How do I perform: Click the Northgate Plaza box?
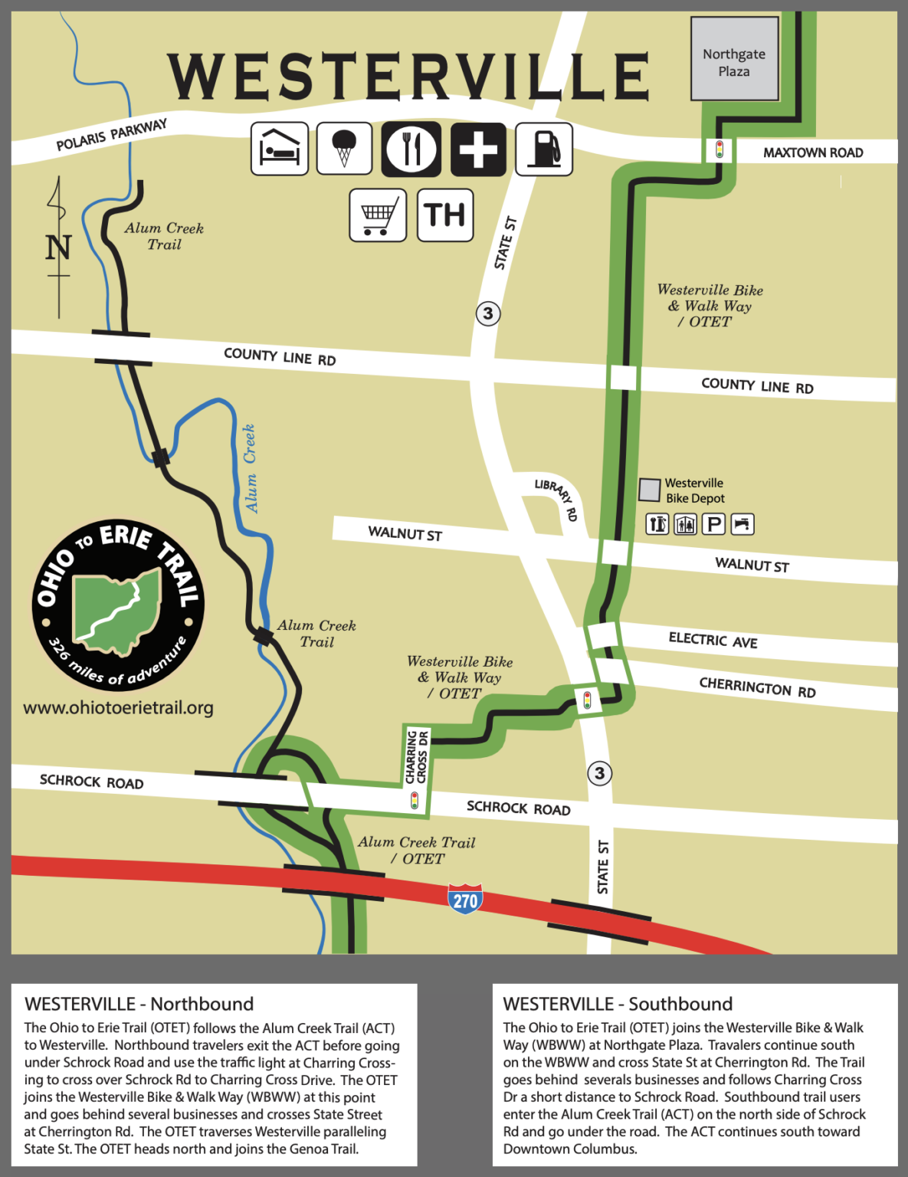tap(734, 60)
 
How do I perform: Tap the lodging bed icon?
tap(280, 148)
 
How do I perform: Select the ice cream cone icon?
tap(345, 148)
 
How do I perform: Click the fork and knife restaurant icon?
tap(411, 148)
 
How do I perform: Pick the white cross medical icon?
tap(478, 148)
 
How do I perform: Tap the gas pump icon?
tap(544, 148)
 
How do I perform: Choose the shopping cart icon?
tap(378, 215)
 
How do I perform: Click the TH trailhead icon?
tap(445, 215)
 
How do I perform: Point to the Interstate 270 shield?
tap(465, 899)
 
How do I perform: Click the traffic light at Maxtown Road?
tap(719, 149)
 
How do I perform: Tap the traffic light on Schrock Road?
tap(415, 801)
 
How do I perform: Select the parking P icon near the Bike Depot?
tap(713, 524)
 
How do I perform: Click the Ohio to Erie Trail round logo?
tap(118, 605)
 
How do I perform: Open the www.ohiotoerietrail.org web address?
tap(118, 708)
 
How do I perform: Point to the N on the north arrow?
tap(58, 248)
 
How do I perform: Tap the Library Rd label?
tap(556, 499)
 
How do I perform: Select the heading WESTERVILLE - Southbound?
tap(618, 1004)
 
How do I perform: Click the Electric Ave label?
tap(713, 640)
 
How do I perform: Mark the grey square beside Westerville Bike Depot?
tap(650, 490)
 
